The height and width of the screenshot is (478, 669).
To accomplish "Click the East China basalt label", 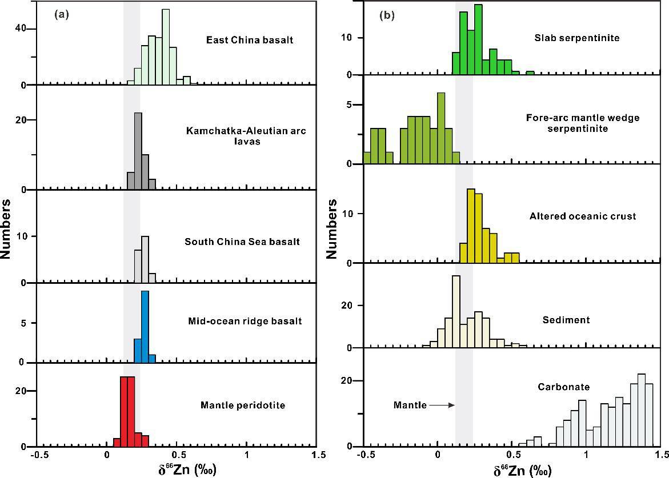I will (250, 40).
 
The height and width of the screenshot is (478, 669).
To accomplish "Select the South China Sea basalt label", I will (242, 242).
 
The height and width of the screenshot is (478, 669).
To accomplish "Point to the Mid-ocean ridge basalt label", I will (245, 321).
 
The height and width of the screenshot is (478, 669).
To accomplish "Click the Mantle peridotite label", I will (243, 405).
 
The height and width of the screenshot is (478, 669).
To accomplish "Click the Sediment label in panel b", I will (566, 320).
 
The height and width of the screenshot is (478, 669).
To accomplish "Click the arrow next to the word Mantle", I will (442, 405).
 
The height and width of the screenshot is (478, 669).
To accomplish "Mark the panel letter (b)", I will (387, 16).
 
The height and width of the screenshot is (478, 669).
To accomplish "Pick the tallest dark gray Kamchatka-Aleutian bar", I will (138, 151).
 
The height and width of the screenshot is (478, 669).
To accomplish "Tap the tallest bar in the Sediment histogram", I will (456, 311).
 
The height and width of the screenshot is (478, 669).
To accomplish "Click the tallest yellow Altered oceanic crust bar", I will (471, 226).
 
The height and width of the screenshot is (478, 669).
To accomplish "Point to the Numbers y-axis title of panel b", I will (332, 228).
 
